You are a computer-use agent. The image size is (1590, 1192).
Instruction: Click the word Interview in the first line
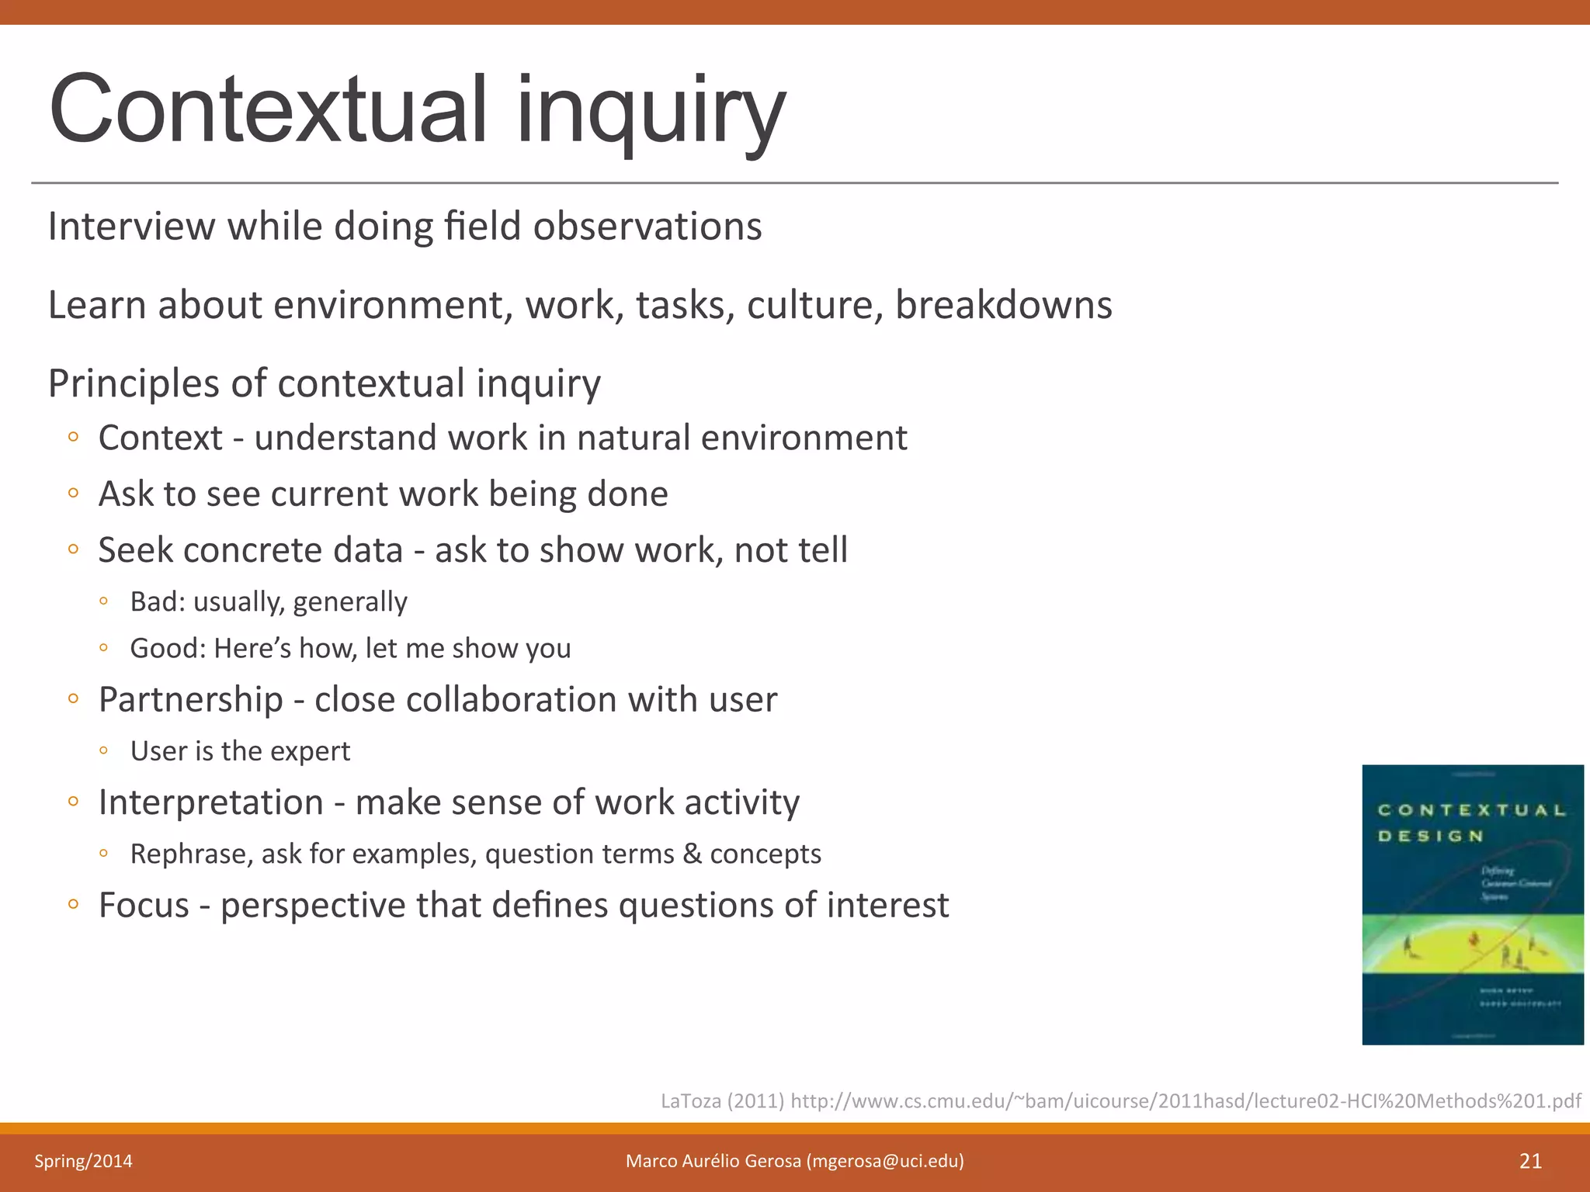[x=130, y=227]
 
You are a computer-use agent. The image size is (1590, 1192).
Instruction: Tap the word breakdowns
[x=1003, y=305]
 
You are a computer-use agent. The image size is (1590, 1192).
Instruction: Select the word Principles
[x=134, y=383]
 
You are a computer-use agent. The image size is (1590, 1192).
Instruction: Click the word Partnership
[x=190, y=699]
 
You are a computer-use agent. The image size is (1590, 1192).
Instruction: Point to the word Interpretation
[x=210, y=802]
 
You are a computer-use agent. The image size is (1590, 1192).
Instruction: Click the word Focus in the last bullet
[x=144, y=905]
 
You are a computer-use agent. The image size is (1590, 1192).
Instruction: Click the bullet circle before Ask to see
[x=73, y=494]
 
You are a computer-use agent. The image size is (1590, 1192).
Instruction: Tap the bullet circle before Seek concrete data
[x=73, y=549]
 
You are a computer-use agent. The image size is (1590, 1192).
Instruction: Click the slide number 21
[x=1530, y=1161]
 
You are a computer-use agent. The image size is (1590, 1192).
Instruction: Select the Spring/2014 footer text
[x=83, y=1161]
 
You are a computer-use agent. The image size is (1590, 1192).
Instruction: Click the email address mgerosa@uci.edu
[x=885, y=1161]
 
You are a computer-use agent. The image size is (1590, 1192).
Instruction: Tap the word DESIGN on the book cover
[x=1430, y=836]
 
